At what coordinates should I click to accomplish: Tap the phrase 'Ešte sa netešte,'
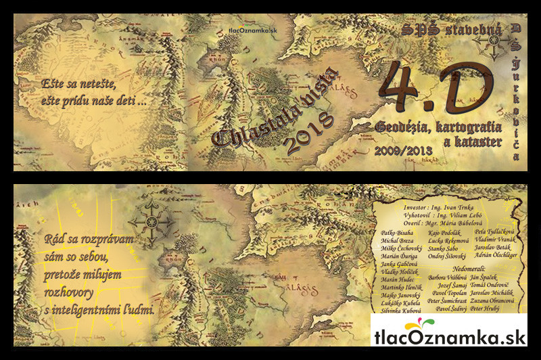tap(75, 86)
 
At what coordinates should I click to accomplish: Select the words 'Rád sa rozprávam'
tap(90, 240)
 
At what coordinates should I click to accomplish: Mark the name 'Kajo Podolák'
tap(447, 233)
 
